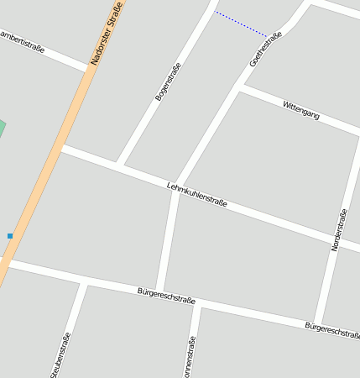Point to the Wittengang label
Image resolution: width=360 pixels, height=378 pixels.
coord(301,110)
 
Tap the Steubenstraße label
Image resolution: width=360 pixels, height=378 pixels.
coord(61,355)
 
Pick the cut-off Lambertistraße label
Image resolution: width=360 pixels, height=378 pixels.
coord(20,39)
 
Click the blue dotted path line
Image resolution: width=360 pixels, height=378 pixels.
coord(241,24)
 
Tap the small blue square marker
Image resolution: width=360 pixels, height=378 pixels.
coord(10,236)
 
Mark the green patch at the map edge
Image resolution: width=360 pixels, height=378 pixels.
coord(2,130)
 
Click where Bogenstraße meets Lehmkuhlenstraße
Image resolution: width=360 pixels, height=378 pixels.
coord(121,165)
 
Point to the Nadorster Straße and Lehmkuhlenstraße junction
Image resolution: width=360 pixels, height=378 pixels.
coord(60,148)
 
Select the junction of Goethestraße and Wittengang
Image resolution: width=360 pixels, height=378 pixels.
coord(241,87)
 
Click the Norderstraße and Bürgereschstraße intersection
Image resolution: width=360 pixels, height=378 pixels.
coord(317,323)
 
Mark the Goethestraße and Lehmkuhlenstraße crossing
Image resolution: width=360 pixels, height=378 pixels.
coord(176,186)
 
